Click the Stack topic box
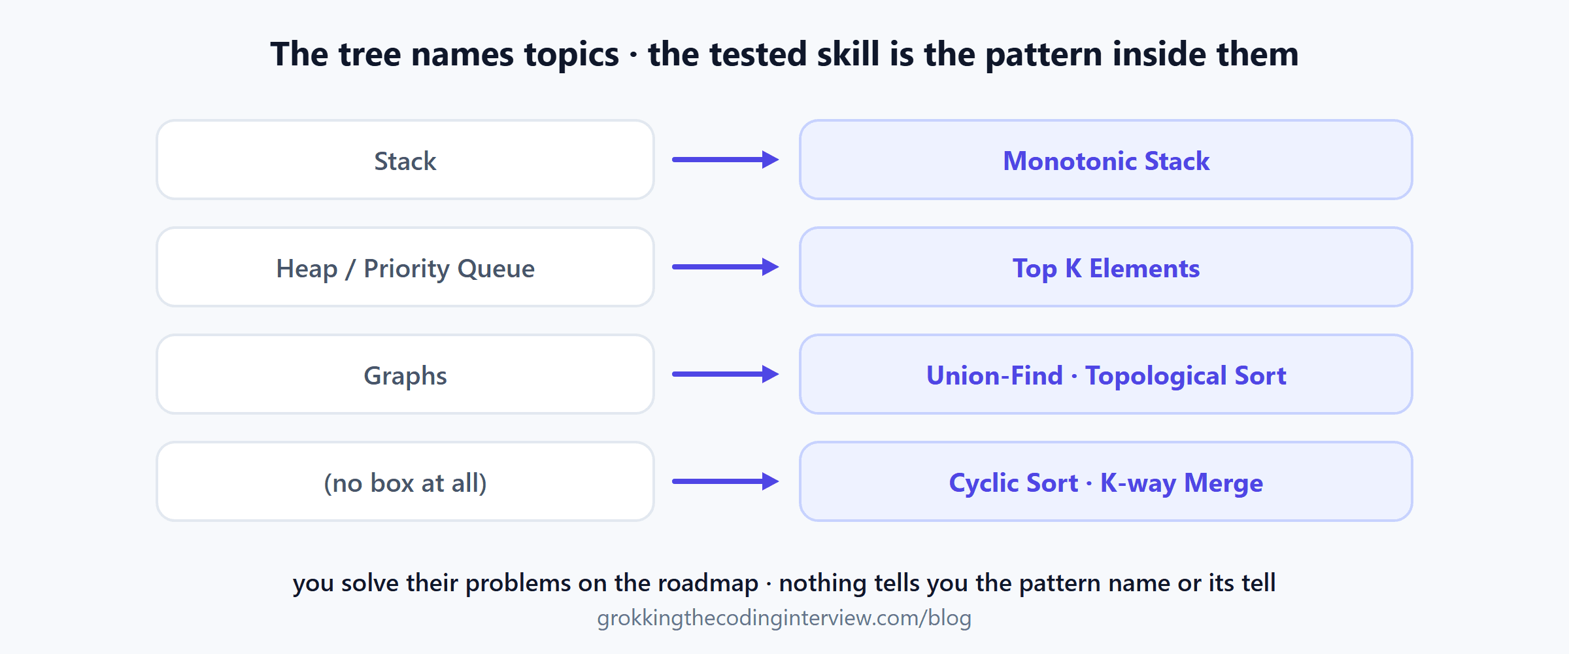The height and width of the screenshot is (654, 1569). pyautogui.click(x=405, y=160)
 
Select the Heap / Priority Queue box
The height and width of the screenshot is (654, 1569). pyautogui.click(x=405, y=267)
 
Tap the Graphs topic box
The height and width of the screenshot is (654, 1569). pyautogui.click(x=405, y=374)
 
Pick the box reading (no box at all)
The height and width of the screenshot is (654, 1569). pyautogui.click(x=405, y=481)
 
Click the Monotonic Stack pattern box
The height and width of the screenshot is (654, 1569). pyautogui.click(x=1106, y=160)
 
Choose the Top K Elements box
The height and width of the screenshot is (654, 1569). pyautogui.click(x=1106, y=267)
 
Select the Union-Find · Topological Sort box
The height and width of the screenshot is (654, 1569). pyautogui.click(x=1106, y=374)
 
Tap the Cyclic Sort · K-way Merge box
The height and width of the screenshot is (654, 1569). pyautogui.click(x=1106, y=481)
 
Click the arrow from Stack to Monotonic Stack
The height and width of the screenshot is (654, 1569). pyautogui.click(x=726, y=160)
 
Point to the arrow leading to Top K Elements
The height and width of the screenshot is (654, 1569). pyautogui.click(x=726, y=267)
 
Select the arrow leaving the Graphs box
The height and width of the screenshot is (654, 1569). pyautogui.click(x=726, y=374)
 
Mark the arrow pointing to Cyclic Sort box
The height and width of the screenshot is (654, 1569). pyautogui.click(x=726, y=481)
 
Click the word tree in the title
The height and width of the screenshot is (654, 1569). pyautogui.click(x=370, y=54)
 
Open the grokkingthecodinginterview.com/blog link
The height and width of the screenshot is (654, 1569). pyautogui.click(x=785, y=618)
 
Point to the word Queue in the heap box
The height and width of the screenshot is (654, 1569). pyautogui.click(x=496, y=269)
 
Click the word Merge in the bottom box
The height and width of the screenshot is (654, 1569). pyautogui.click(x=1224, y=484)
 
